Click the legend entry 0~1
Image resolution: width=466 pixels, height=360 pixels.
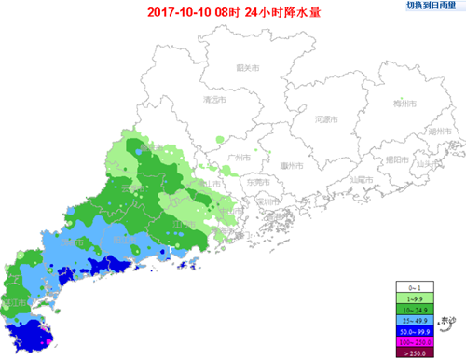point(415,287)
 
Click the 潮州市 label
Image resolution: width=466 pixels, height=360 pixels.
point(440,132)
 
